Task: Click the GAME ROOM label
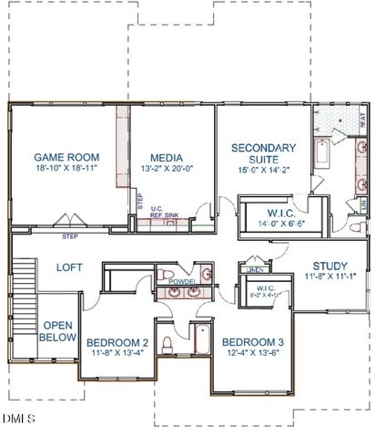click(x=66, y=157)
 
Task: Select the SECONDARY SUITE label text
click(x=263, y=154)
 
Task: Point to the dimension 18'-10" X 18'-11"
click(x=66, y=169)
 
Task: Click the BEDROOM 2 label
click(x=118, y=343)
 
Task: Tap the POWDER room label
click(x=181, y=283)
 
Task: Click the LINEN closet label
click(x=255, y=270)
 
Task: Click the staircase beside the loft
click(x=24, y=278)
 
